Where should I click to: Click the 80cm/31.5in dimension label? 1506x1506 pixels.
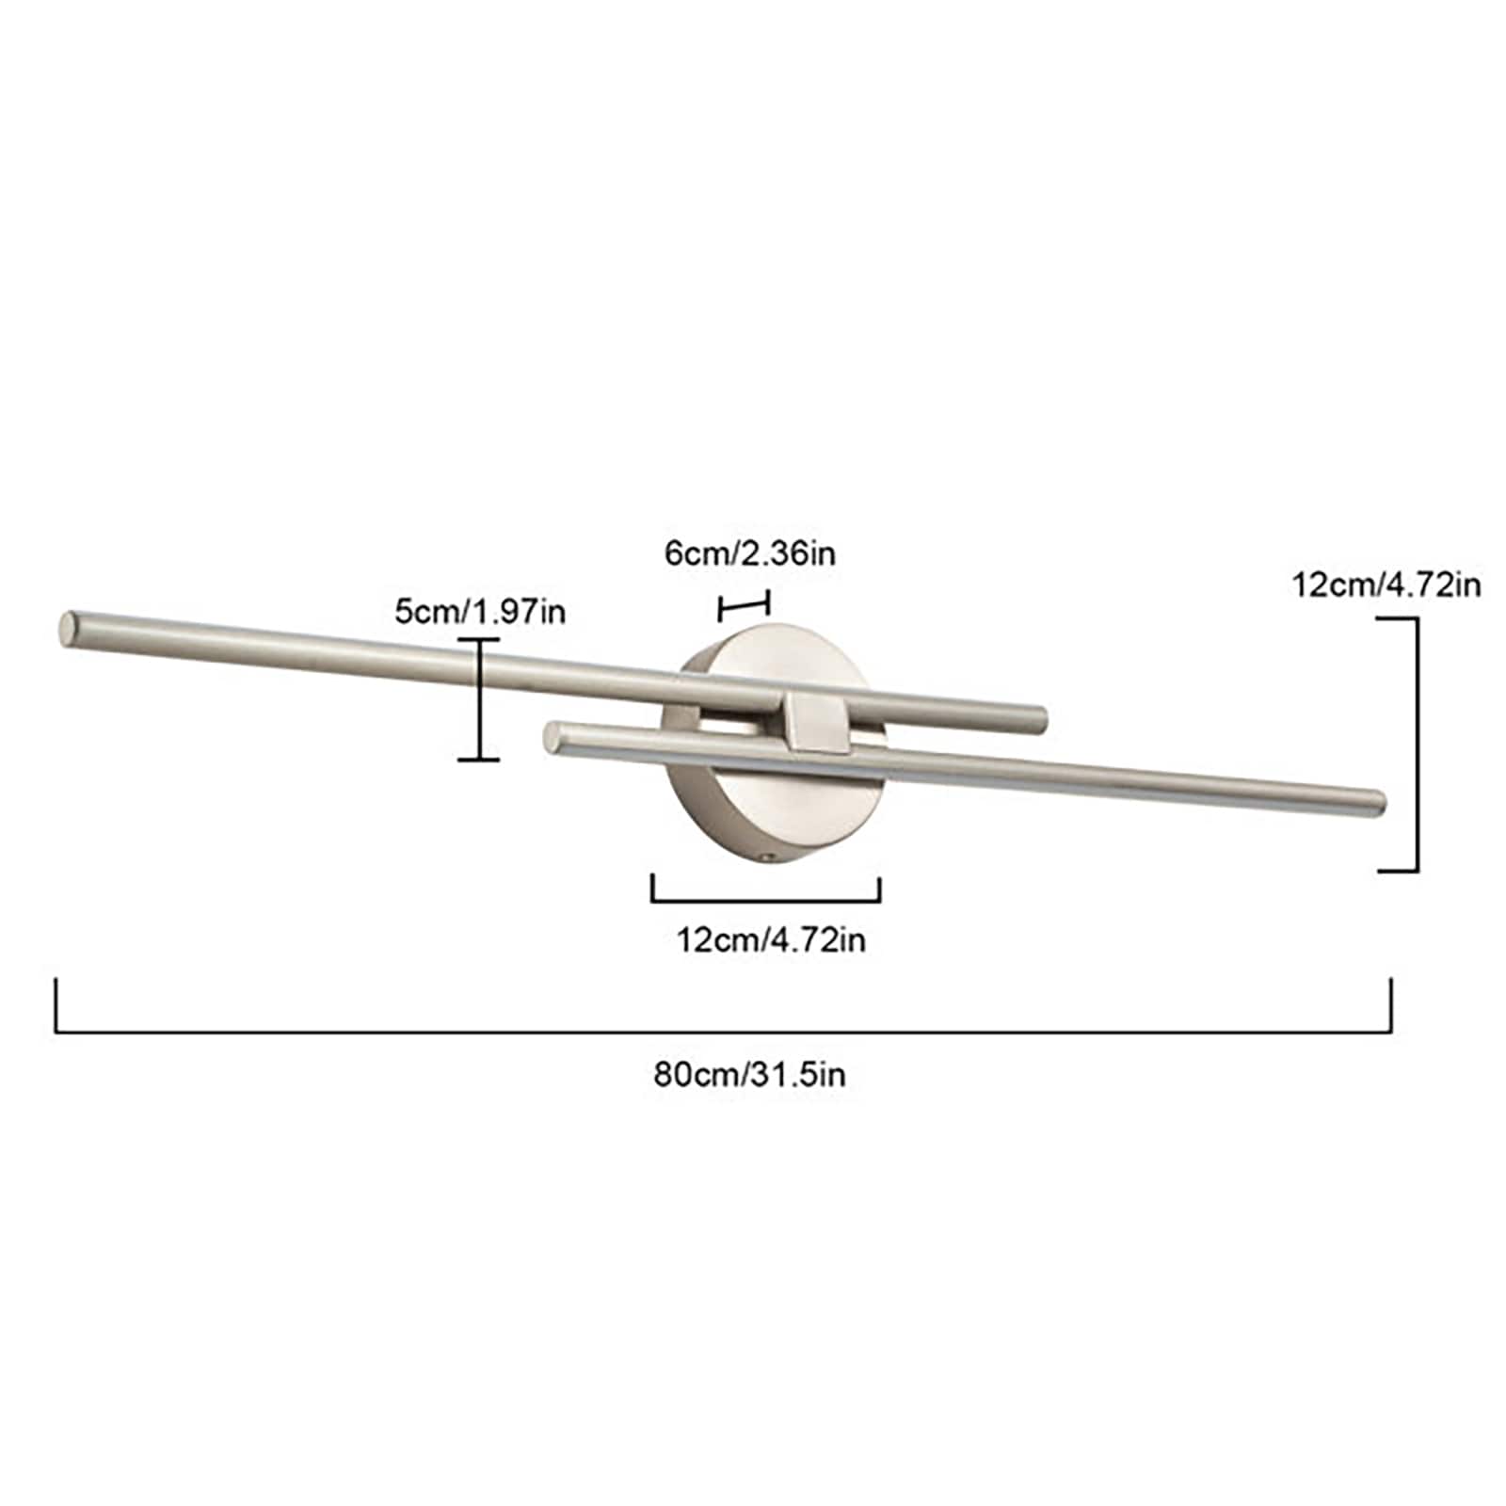click(749, 1074)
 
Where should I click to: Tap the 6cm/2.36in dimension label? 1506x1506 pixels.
click(749, 553)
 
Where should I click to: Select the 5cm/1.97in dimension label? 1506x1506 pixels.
click(480, 612)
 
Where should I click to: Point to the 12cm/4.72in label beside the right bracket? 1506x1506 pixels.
click(1386, 585)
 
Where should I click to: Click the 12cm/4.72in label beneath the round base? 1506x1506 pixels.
click(771, 939)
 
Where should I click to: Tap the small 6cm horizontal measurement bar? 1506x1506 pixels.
click(744, 605)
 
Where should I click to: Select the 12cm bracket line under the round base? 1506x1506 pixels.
click(765, 901)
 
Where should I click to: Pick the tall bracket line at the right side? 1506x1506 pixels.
click(1417, 744)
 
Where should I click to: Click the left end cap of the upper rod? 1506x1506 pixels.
click(69, 628)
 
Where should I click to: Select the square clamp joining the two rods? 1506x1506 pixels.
click(816, 722)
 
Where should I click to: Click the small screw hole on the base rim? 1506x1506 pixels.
click(769, 857)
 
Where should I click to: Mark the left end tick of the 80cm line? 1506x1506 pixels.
click(57, 1005)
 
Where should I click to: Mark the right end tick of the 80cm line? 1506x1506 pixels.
click(1390, 1005)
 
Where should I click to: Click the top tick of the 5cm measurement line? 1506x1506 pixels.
click(479, 639)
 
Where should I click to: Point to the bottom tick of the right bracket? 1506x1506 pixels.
click(1399, 871)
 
